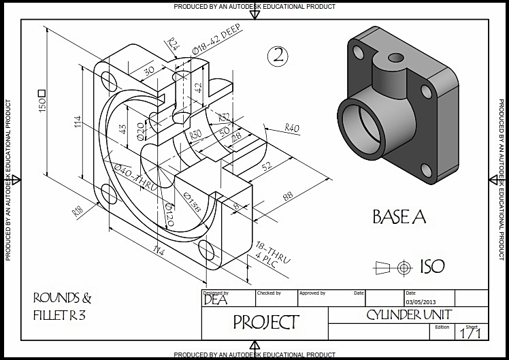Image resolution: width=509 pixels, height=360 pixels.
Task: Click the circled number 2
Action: (x=277, y=56)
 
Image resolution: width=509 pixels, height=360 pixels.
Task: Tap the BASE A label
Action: (x=399, y=217)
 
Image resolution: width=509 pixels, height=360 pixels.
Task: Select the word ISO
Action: (x=432, y=266)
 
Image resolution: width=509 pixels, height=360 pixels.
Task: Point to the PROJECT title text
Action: (x=265, y=322)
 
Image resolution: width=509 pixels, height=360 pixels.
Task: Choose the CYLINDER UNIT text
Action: (x=408, y=314)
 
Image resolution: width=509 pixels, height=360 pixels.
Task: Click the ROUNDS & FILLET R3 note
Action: (x=62, y=306)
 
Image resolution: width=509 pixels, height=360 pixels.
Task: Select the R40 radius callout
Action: (x=292, y=128)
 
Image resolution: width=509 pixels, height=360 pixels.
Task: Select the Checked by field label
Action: (x=268, y=293)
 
